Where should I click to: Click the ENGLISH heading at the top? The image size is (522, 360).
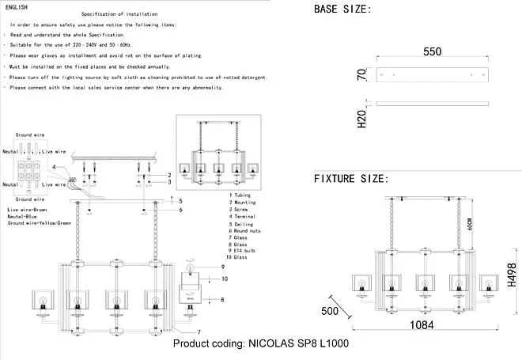point(16,6)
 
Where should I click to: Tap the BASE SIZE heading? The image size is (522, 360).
point(342,9)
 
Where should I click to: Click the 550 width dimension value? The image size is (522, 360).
point(432,51)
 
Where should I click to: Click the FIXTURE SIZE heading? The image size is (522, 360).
point(351,178)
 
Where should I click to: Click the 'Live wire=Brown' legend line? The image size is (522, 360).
point(27,209)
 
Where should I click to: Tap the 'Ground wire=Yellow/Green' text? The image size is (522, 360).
point(40,224)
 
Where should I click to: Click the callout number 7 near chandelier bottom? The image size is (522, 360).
point(199,331)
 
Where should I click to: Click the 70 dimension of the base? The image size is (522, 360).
point(361,76)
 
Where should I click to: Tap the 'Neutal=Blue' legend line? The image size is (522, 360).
point(24,216)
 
